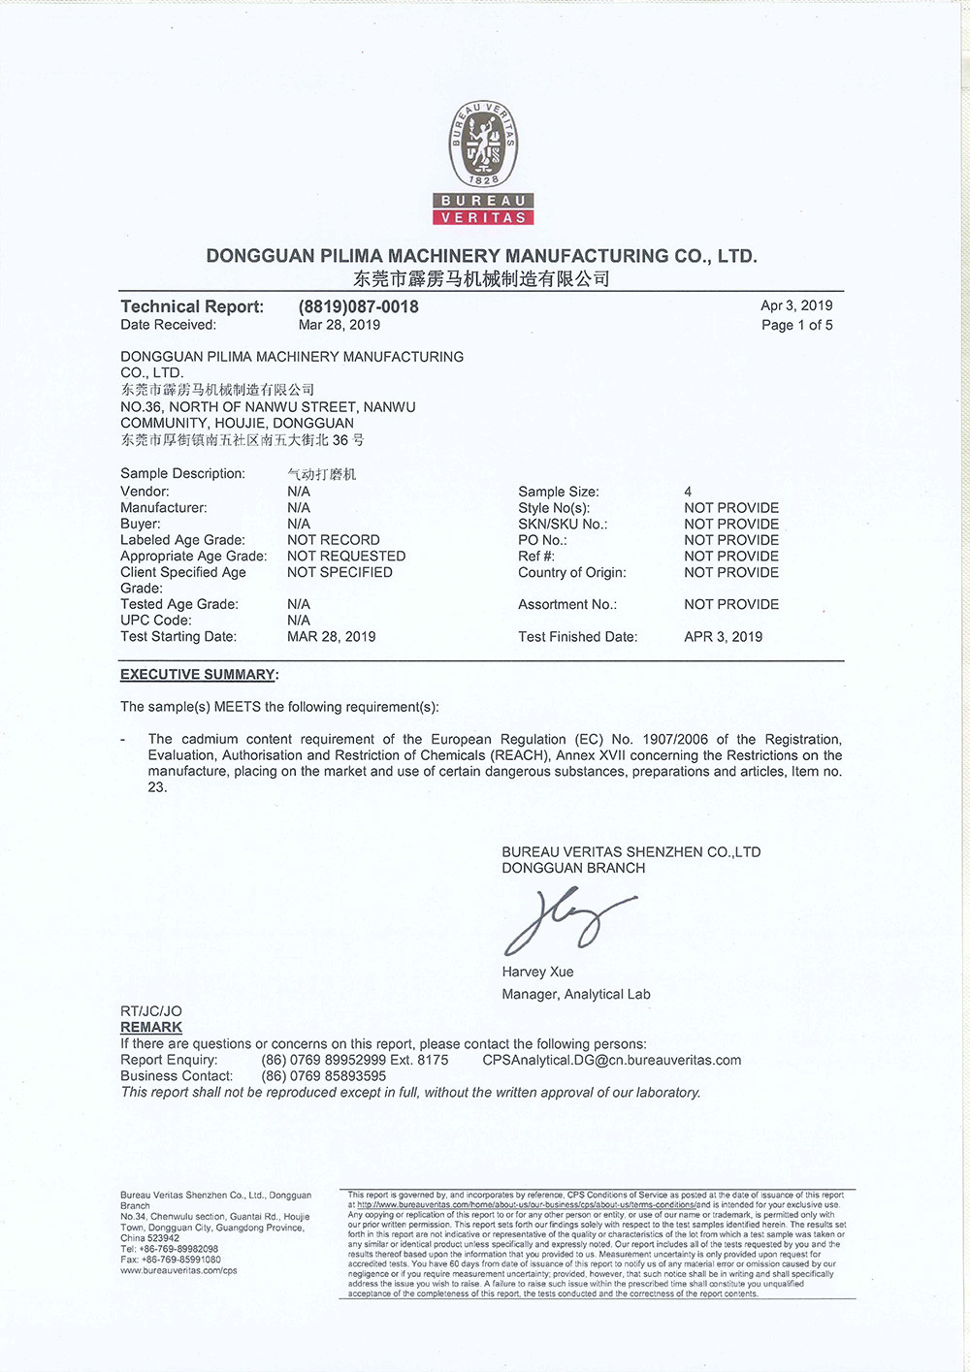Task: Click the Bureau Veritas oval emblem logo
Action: point(483,145)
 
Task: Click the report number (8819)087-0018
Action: point(359,306)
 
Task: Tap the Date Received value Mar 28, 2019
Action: point(339,325)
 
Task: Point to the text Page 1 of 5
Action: point(796,325)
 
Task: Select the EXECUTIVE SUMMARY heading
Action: point(198,675)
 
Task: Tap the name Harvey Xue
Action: point(537,972)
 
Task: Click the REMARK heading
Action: point(151,1027)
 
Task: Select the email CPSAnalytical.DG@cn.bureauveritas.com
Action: point(611,1060)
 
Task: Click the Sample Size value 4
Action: point(688,492)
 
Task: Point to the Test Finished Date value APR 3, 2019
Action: point(723,637)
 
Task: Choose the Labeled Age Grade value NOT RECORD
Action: point(334,540)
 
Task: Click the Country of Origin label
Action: point(572,572)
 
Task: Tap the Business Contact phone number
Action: point(324,1076)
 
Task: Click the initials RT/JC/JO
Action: point(151,1010)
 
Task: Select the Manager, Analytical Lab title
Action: point(576,994)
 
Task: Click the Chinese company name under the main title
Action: point(481,279)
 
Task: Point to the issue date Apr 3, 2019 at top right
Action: point(796,305)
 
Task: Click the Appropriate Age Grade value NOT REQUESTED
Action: point(346,556)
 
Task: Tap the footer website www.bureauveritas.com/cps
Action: point(178,1270)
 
